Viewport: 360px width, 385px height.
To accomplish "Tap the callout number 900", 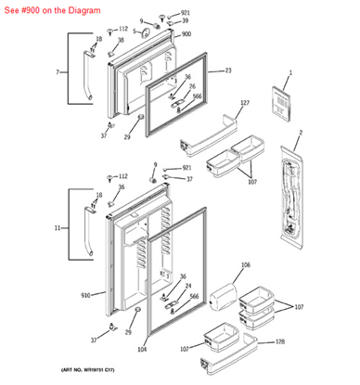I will [186, 34].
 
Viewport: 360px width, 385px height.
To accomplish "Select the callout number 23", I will [228, 71].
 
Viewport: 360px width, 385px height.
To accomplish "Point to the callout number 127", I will [245, 102].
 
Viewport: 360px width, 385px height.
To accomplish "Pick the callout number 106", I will [246, 265].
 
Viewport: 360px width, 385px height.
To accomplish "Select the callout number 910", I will [85, 295].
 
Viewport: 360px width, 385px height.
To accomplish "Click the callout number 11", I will [58, 227].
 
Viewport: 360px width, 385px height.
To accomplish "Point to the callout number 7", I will [58, 71].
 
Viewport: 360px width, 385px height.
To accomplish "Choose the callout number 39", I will [185, 20].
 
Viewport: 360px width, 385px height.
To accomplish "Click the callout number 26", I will [193, 86].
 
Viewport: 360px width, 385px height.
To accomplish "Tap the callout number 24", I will [187, 287].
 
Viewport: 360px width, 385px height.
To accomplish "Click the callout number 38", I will [121, 43].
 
